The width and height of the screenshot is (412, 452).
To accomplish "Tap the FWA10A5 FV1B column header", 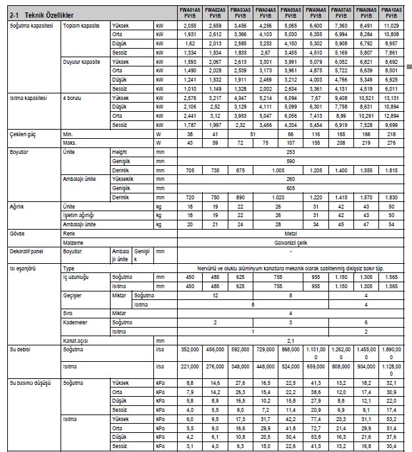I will [390, 13].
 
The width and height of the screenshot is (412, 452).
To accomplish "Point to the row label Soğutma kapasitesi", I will [27, 24].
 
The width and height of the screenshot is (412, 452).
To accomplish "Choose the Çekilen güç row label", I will [21, 134].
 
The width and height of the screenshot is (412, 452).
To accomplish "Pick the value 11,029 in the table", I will [390, 24].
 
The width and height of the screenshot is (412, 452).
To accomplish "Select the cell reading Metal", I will [289, 233].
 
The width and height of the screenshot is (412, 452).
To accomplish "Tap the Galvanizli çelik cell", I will [289, 242].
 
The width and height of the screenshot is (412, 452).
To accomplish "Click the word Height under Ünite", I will [121, 151].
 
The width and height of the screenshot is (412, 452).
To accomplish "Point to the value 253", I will [289, 151].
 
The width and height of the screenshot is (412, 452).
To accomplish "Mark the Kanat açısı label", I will [76, 341].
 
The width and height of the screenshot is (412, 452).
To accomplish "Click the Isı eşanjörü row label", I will [22, 268].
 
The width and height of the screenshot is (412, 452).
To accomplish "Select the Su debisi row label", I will [20, 350].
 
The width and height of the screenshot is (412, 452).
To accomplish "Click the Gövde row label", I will [16, 233].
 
